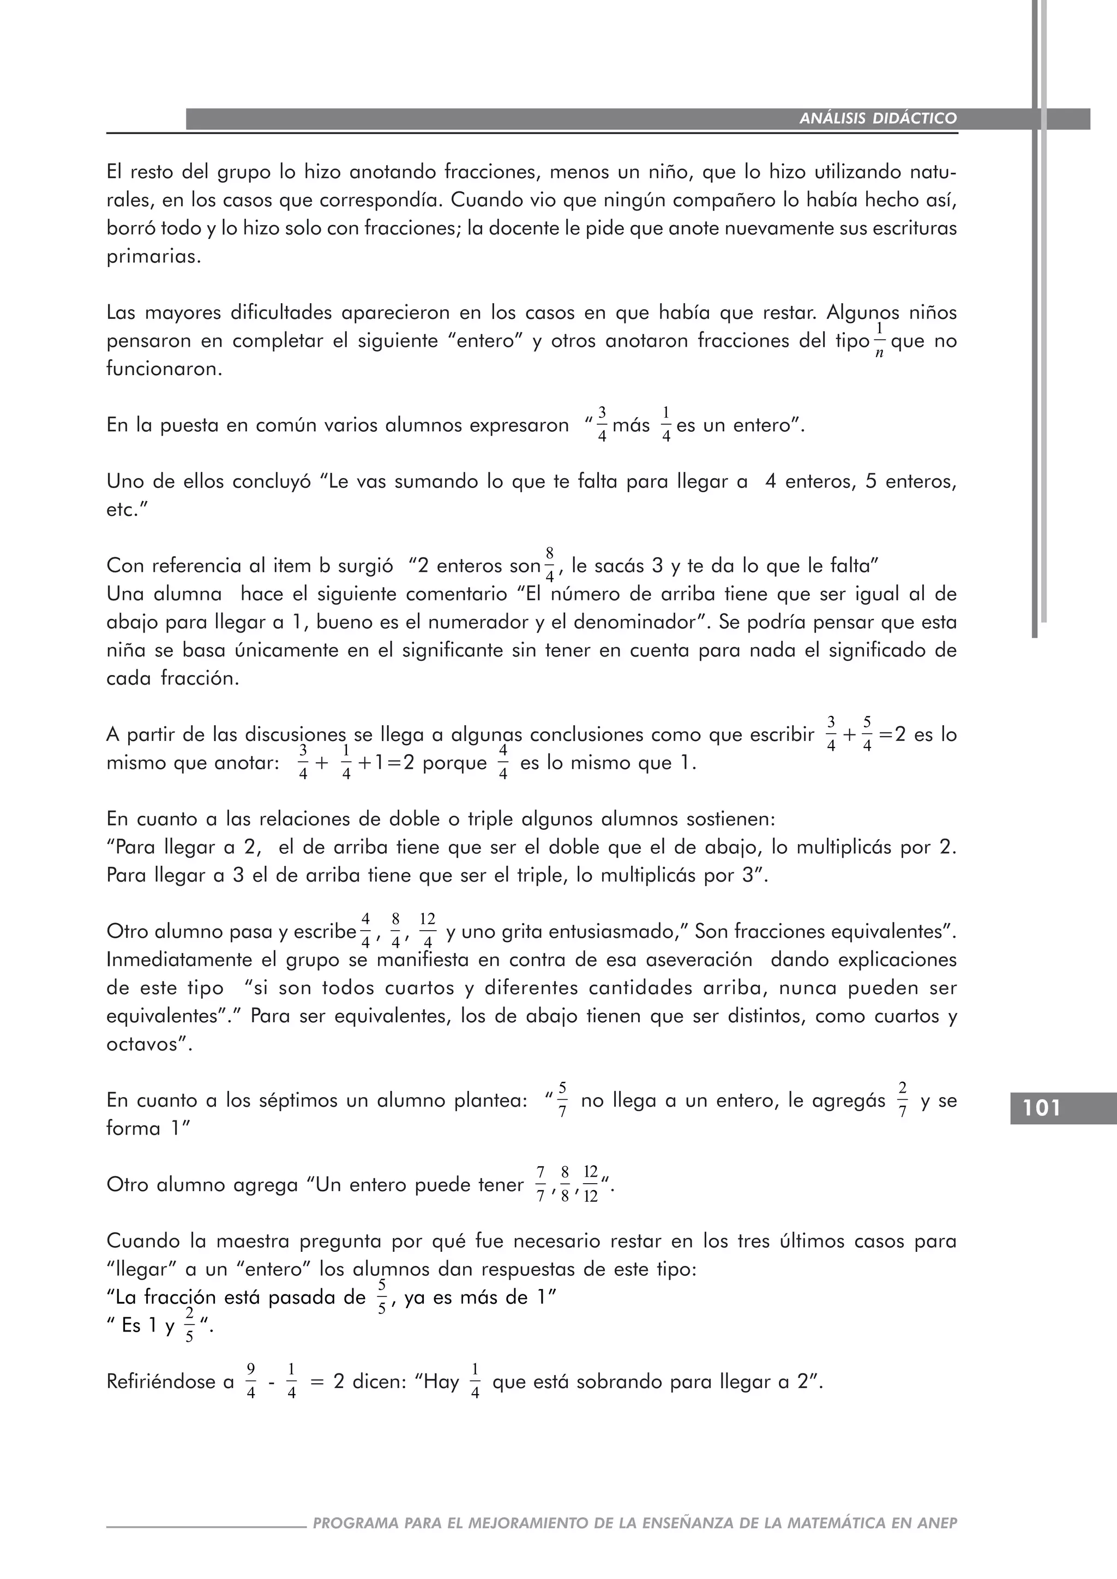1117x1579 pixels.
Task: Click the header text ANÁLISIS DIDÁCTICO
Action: [x=878, y=118]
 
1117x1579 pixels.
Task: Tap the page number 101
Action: [x=1042, y=1108]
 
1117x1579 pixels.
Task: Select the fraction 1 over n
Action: [x=879, y=340]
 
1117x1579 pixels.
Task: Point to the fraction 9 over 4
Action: [x=251, y=1381]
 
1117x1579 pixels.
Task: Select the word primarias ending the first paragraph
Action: [x=153, y=257]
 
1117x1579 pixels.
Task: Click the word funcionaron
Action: [x=164, y=369]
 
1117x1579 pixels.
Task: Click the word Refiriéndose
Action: [x=170, y=1382]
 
